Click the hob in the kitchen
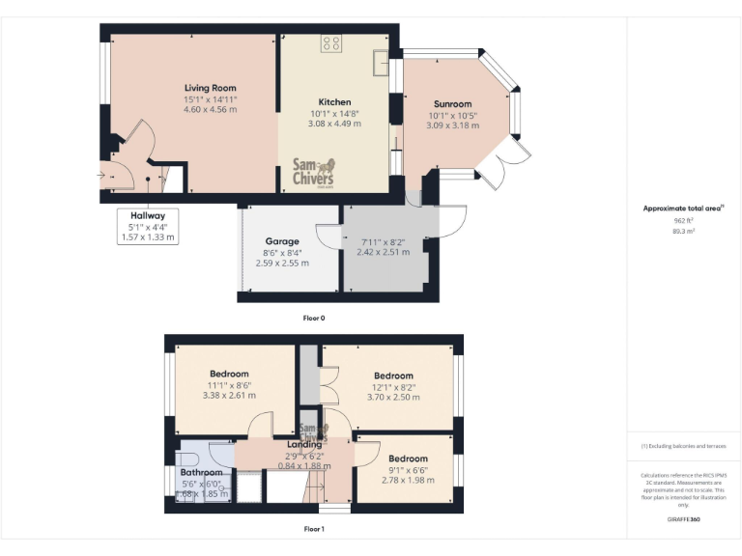pos(331,43)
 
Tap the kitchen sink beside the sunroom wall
pos(383,66)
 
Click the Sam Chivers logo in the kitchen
pos(313,174)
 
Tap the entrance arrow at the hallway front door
pos(101,176)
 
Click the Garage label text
pos(282,241)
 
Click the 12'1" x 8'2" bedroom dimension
pos(393,386)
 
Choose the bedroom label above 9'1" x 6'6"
pos(408,459)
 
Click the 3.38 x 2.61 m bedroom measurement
pos(229,395)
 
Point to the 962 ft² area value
pos(683,221)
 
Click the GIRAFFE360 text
pos(683,519)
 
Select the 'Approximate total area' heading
pos(682,208)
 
